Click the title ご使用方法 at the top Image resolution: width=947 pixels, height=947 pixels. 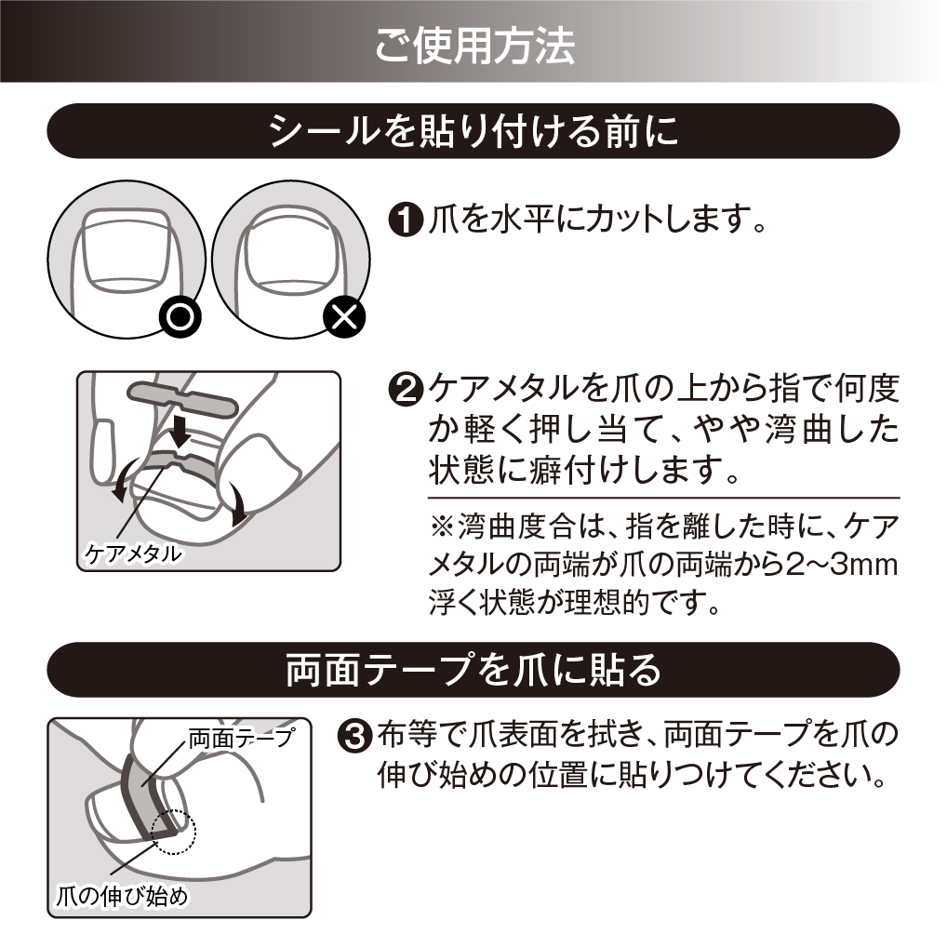coord(474,46)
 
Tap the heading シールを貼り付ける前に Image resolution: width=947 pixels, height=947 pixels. coord(473,131)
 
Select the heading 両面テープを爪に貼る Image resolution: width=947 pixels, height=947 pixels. coord(473,670)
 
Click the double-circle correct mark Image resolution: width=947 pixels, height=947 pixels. coord(180,316)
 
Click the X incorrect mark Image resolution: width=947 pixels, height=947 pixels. coord(345,316)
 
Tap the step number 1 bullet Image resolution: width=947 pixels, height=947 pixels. coord(406,220)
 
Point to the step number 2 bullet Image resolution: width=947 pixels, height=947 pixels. coord(406,390)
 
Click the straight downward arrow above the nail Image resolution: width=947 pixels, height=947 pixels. coord(180,434)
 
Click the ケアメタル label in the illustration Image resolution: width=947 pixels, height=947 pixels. coord(132,554)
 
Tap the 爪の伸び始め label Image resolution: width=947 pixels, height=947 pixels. coord(122,896)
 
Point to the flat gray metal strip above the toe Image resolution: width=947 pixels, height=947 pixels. coord(180,399)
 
